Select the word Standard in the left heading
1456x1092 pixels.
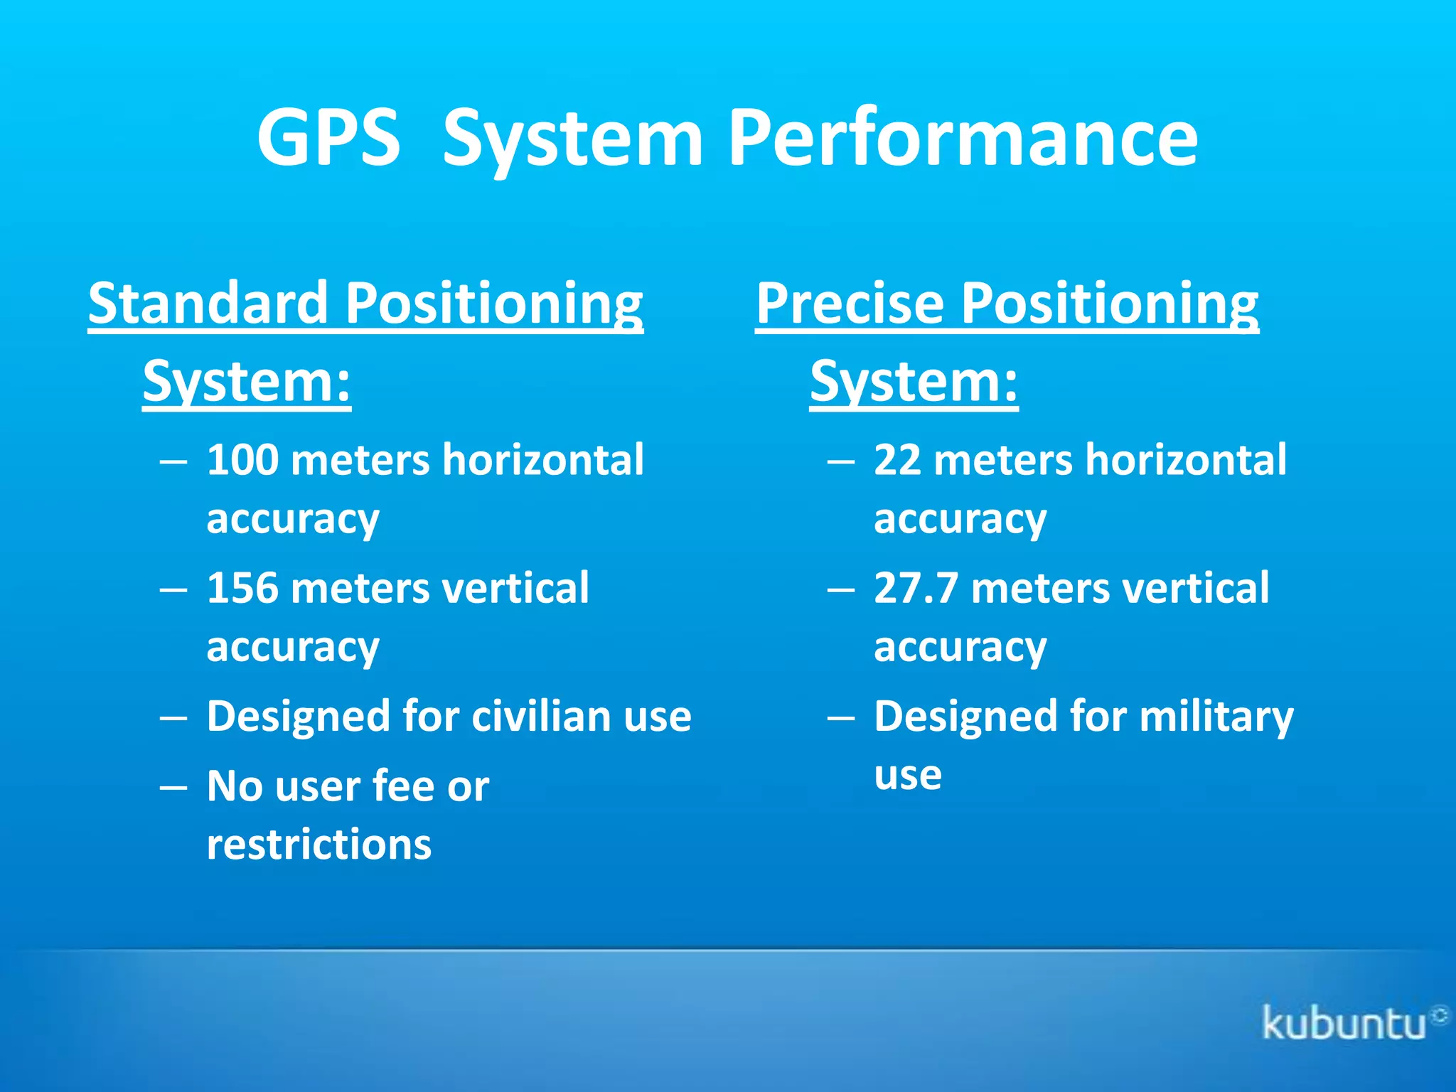pos(208,303)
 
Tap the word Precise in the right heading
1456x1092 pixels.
pos(850,303)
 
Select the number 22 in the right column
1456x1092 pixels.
pos(897,460)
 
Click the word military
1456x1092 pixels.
pos(1216,716)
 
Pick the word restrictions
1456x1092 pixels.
pos(319,845)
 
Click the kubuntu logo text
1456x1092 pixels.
pos(1344,1024)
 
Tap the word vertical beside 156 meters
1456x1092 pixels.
pos(515,589)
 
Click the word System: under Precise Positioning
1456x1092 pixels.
pos(914,382)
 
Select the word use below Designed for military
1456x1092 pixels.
pos(908,776)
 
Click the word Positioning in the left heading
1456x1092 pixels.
pos(494,303)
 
